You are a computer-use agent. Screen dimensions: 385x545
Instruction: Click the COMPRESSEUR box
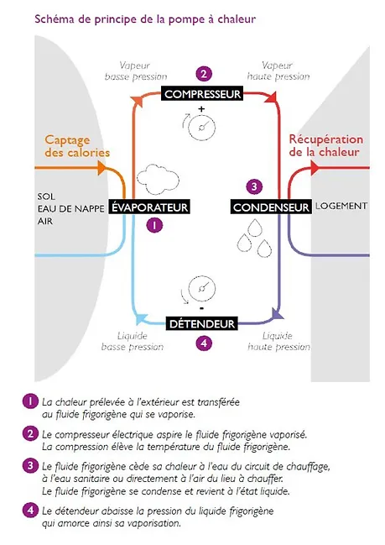pyautogui.click(x=202, y=94)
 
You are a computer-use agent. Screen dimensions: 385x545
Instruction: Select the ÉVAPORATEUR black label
pyautogui.click(x=149, y=207)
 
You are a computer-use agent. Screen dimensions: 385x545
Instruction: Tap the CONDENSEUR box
pyautogui.click(x=271, y=207)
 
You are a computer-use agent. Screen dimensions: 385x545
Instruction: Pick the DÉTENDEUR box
pyautogui.click(x=201, y=323)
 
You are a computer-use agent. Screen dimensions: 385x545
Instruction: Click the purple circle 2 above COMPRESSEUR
pyautogui.click(x=204, y=74)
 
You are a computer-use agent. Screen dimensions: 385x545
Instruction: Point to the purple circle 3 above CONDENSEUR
pyautogui.click(x=254, y=186)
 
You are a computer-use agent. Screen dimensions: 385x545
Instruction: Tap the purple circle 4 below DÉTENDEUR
pyautogui.click(x=204, y=343)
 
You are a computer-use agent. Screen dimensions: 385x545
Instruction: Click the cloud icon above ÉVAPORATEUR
pyautogui.click(x=158, y=180)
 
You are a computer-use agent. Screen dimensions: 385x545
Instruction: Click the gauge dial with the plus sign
pyautogui.click(x=201, y=127)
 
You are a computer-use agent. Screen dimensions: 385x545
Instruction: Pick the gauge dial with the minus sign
pyautogui.click(x=201, y=289)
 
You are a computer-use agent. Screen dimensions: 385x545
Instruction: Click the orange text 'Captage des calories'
pyautogui.click(x=77, y=146)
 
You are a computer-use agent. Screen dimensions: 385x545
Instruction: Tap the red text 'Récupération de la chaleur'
pyautogui.click(x=326, y=145)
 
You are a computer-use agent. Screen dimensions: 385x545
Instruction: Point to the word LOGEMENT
pyautogui.click(x=341, y=206)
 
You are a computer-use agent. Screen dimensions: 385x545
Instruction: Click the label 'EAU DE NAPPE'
pyautogui.click(x=70, y=209)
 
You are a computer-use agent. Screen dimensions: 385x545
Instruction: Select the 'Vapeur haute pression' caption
pyautogui.click(x=278, y=71)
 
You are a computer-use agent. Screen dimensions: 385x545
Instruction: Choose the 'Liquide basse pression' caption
pyautogui.click(x=133, y=341)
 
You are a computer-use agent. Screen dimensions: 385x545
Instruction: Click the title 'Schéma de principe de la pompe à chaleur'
pyautogui.click(x=145, y=18)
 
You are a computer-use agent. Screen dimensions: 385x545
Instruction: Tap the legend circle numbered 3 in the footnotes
pyautogui.click(x=30, y=465)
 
